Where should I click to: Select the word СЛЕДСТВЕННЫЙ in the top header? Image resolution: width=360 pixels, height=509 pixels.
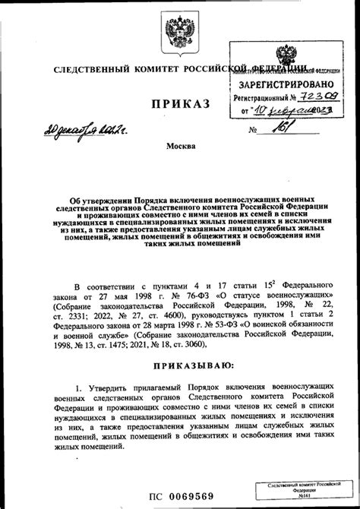(x=93, y=70)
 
